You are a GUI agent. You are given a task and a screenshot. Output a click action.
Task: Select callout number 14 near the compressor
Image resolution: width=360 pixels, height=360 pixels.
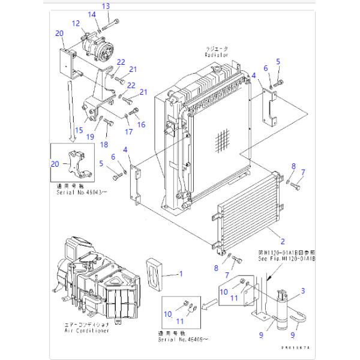pos(92,14)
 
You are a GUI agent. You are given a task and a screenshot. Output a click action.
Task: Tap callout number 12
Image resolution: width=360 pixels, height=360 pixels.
pos(76,23)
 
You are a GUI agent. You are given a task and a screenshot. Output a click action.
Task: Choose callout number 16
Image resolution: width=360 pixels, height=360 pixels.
pos(142,125)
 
